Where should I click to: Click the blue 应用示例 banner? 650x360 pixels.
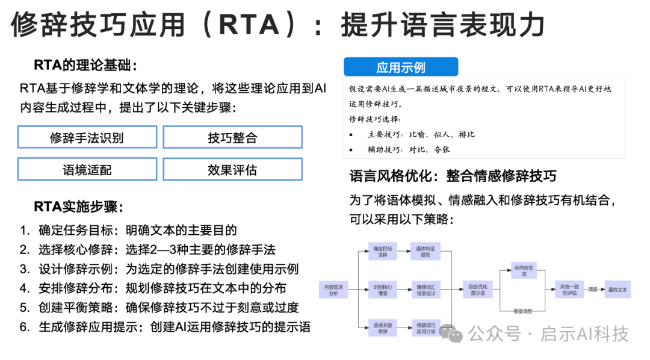(400, 67)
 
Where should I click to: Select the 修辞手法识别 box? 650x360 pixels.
(87, 137)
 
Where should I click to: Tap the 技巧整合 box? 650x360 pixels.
(232, 137)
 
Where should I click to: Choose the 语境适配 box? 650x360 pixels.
(87, 169)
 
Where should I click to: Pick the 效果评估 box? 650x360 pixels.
(232, 169)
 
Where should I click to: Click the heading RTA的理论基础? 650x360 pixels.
(85, 65)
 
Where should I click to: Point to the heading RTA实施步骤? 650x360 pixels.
(78, 207)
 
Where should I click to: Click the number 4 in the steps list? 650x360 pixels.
(24, 288)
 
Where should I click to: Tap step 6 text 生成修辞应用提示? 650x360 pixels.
(85, 327)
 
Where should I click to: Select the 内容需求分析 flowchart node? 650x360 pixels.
(333, 290)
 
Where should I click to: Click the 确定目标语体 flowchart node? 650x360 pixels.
(382, 252)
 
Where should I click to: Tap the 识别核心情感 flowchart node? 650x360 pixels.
(382, 290)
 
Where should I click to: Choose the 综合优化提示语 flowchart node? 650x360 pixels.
(477, 290)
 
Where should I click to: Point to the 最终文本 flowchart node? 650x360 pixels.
(617, 290)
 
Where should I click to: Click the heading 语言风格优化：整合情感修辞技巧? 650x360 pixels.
(453, 176)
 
